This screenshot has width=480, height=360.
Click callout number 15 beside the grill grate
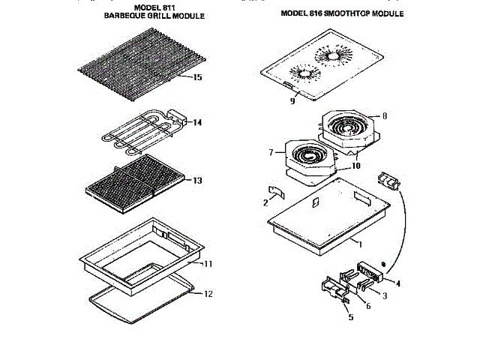pos(197,77)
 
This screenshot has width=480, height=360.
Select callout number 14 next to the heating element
pos(198,121)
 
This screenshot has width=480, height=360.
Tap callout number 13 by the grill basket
pos(197,181)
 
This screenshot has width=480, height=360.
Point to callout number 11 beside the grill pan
pos(208,263)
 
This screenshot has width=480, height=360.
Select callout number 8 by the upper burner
pos(384,115)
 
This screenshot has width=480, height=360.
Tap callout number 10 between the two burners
pos(356,165)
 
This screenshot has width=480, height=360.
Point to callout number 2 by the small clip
pos(265,202)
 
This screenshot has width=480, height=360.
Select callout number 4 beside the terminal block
pos(398,283)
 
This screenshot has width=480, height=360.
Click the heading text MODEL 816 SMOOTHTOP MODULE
pos(342,13)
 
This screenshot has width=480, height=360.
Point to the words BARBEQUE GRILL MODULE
pos(154,16)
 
